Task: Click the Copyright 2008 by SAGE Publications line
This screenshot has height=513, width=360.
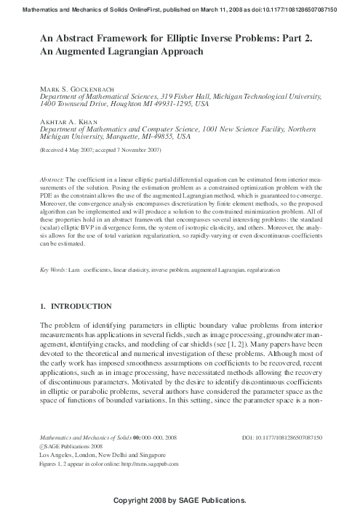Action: (x=180, y=501)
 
